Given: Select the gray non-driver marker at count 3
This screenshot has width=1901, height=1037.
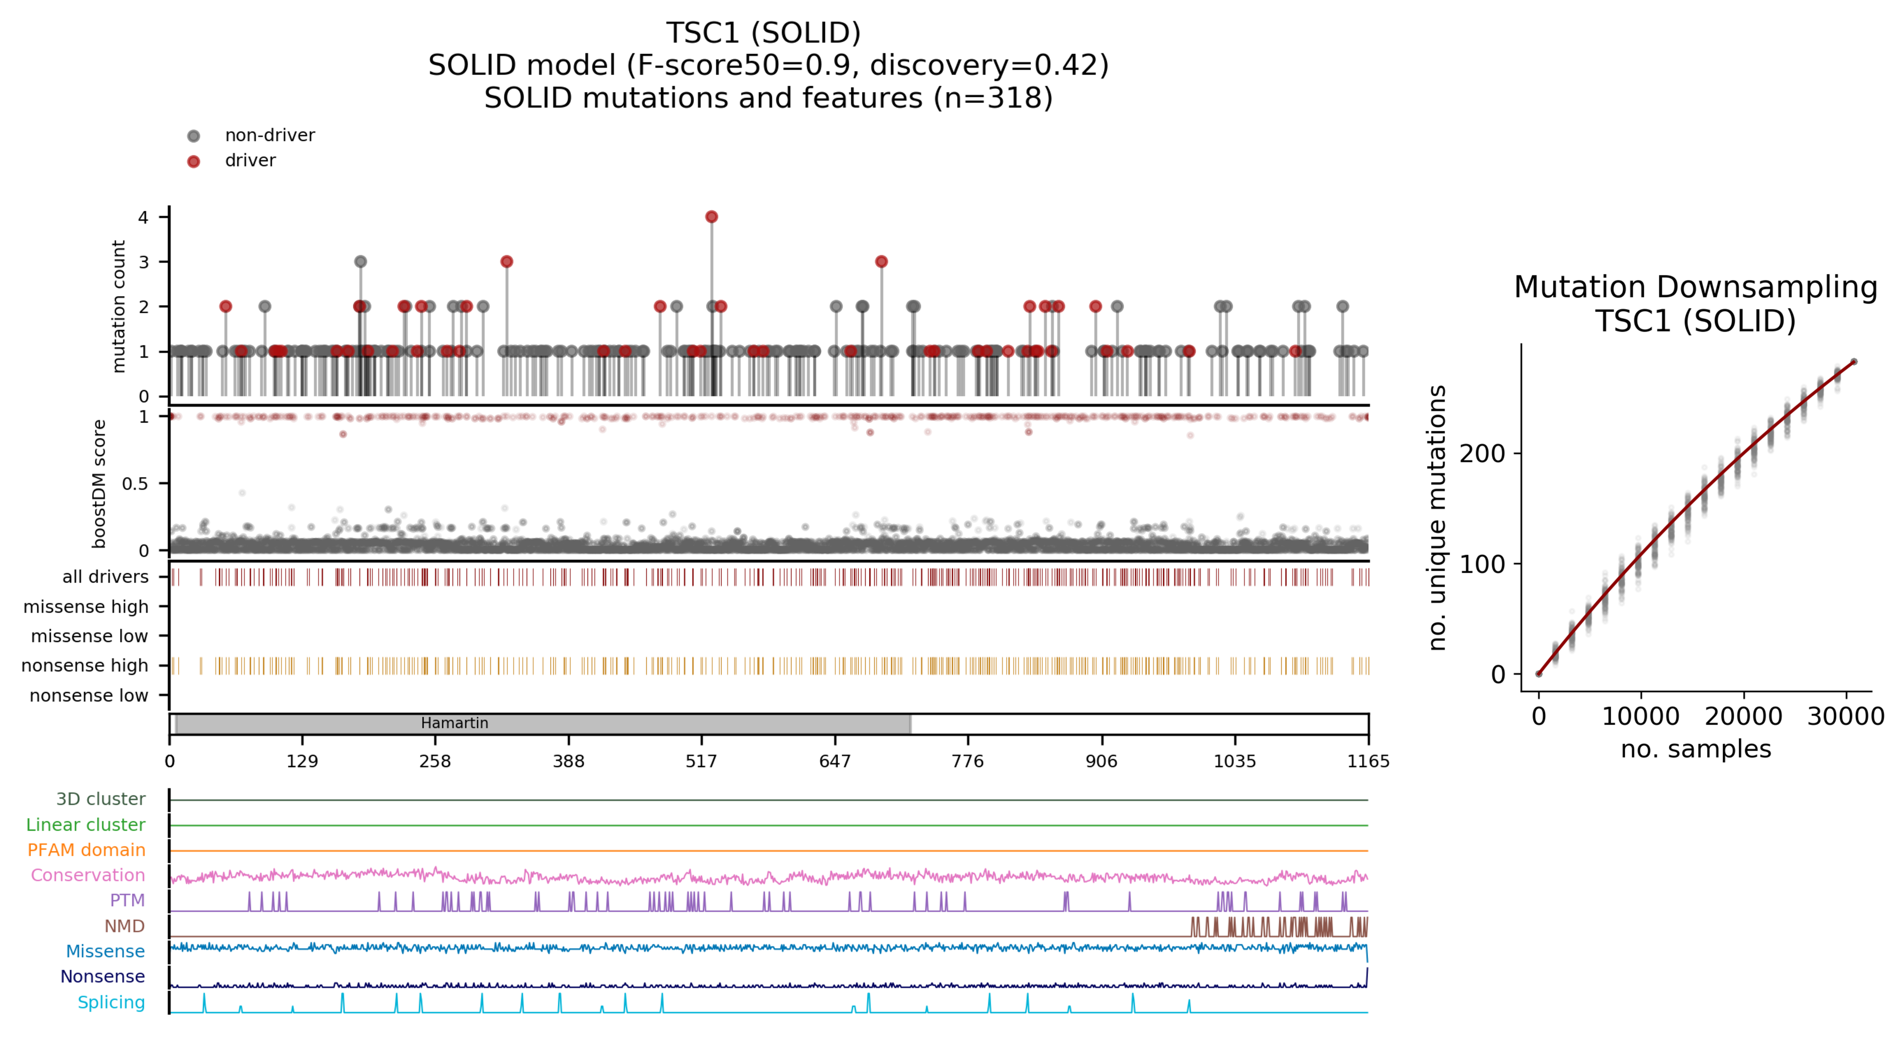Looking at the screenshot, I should click(x=360, y=262).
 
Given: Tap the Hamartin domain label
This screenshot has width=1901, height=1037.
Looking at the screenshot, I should click(x=455, y=723).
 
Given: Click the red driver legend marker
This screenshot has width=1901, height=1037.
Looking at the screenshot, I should click(x=193, y=161).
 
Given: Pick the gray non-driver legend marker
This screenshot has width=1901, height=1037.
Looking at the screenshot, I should click(x=193, y=136).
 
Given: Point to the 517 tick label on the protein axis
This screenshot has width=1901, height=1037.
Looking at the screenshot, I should click(x=701, y=761).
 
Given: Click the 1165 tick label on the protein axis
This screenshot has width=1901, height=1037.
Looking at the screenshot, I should click(x=1367, y=761).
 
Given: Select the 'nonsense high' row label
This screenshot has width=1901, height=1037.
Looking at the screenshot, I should click(x=85, y=665).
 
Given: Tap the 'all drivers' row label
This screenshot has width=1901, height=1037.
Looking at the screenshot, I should click(x=106, y=577).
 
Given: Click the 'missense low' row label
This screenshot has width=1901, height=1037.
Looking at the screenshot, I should click(x=89, y=636).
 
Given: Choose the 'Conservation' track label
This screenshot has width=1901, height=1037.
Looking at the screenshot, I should click(x=88, y=876).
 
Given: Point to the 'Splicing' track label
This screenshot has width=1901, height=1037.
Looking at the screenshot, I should click(x=112, y=1002).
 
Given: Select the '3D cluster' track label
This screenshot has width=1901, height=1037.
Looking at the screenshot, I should click(x=101, y=799).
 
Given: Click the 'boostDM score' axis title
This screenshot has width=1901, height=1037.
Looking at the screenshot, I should click(x=99, y=484).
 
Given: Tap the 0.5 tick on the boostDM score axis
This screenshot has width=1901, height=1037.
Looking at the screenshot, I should click(x=135, y=484).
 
